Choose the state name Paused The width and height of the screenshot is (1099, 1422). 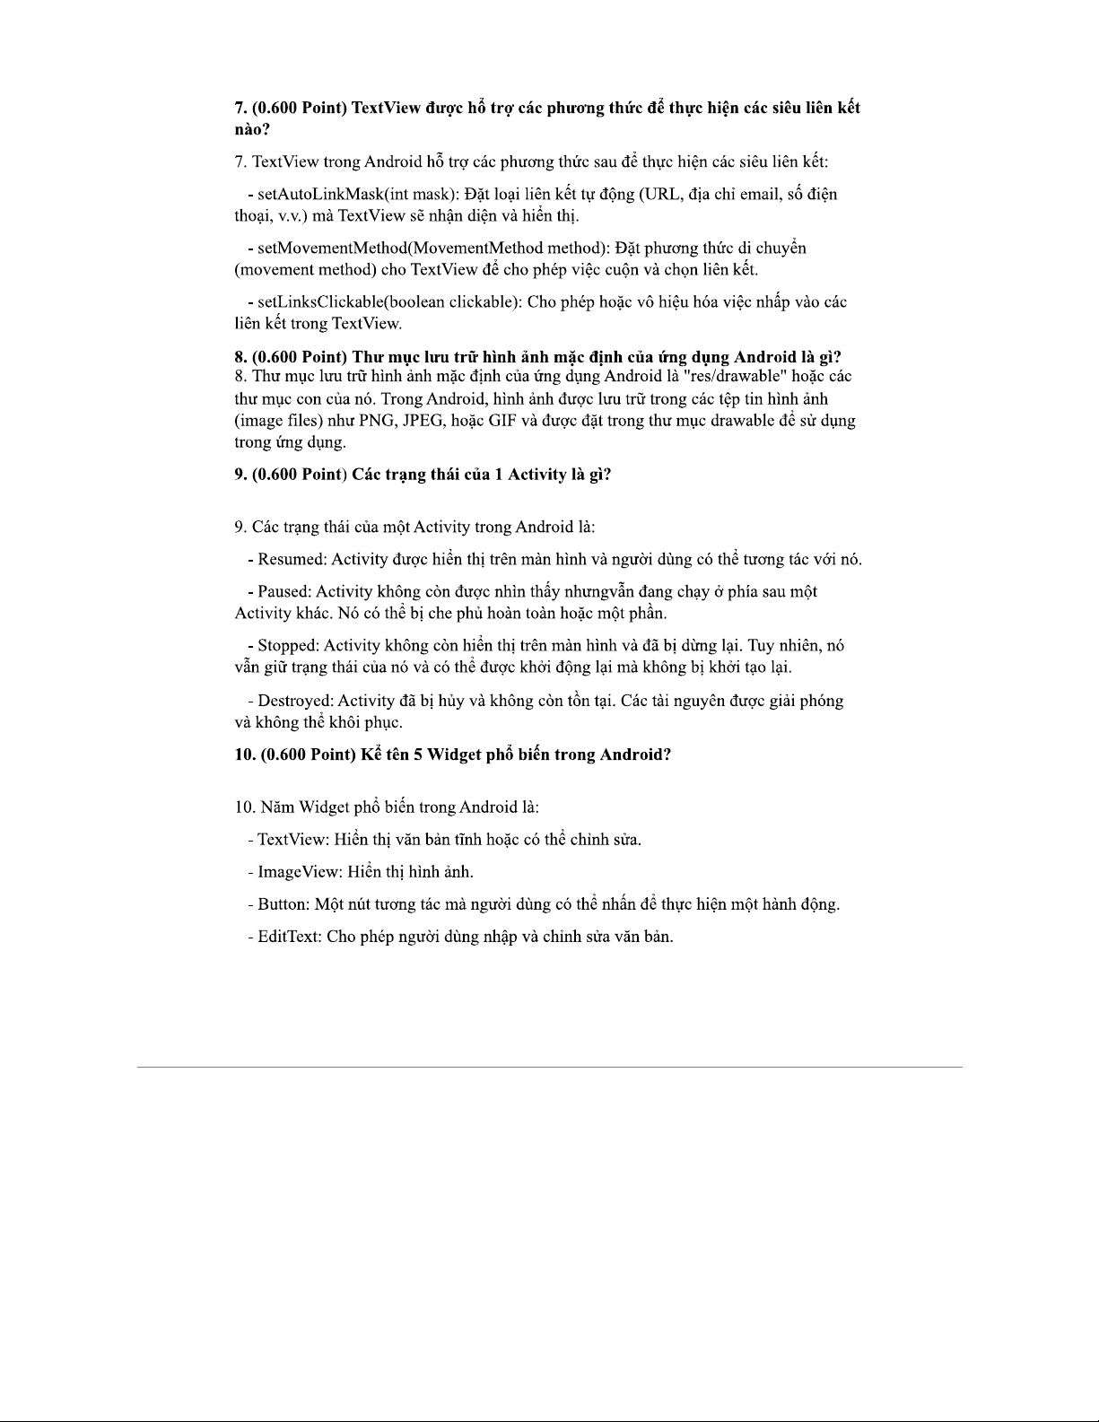click(284, 592)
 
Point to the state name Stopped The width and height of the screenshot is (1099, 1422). click(288, 646)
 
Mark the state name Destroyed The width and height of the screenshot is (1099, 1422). click(295, 701)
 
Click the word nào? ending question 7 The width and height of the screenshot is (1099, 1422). click(252, 130)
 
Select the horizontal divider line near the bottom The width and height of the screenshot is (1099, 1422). click(549, 1067)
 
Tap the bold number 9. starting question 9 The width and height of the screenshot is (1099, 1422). click(241, 475)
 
